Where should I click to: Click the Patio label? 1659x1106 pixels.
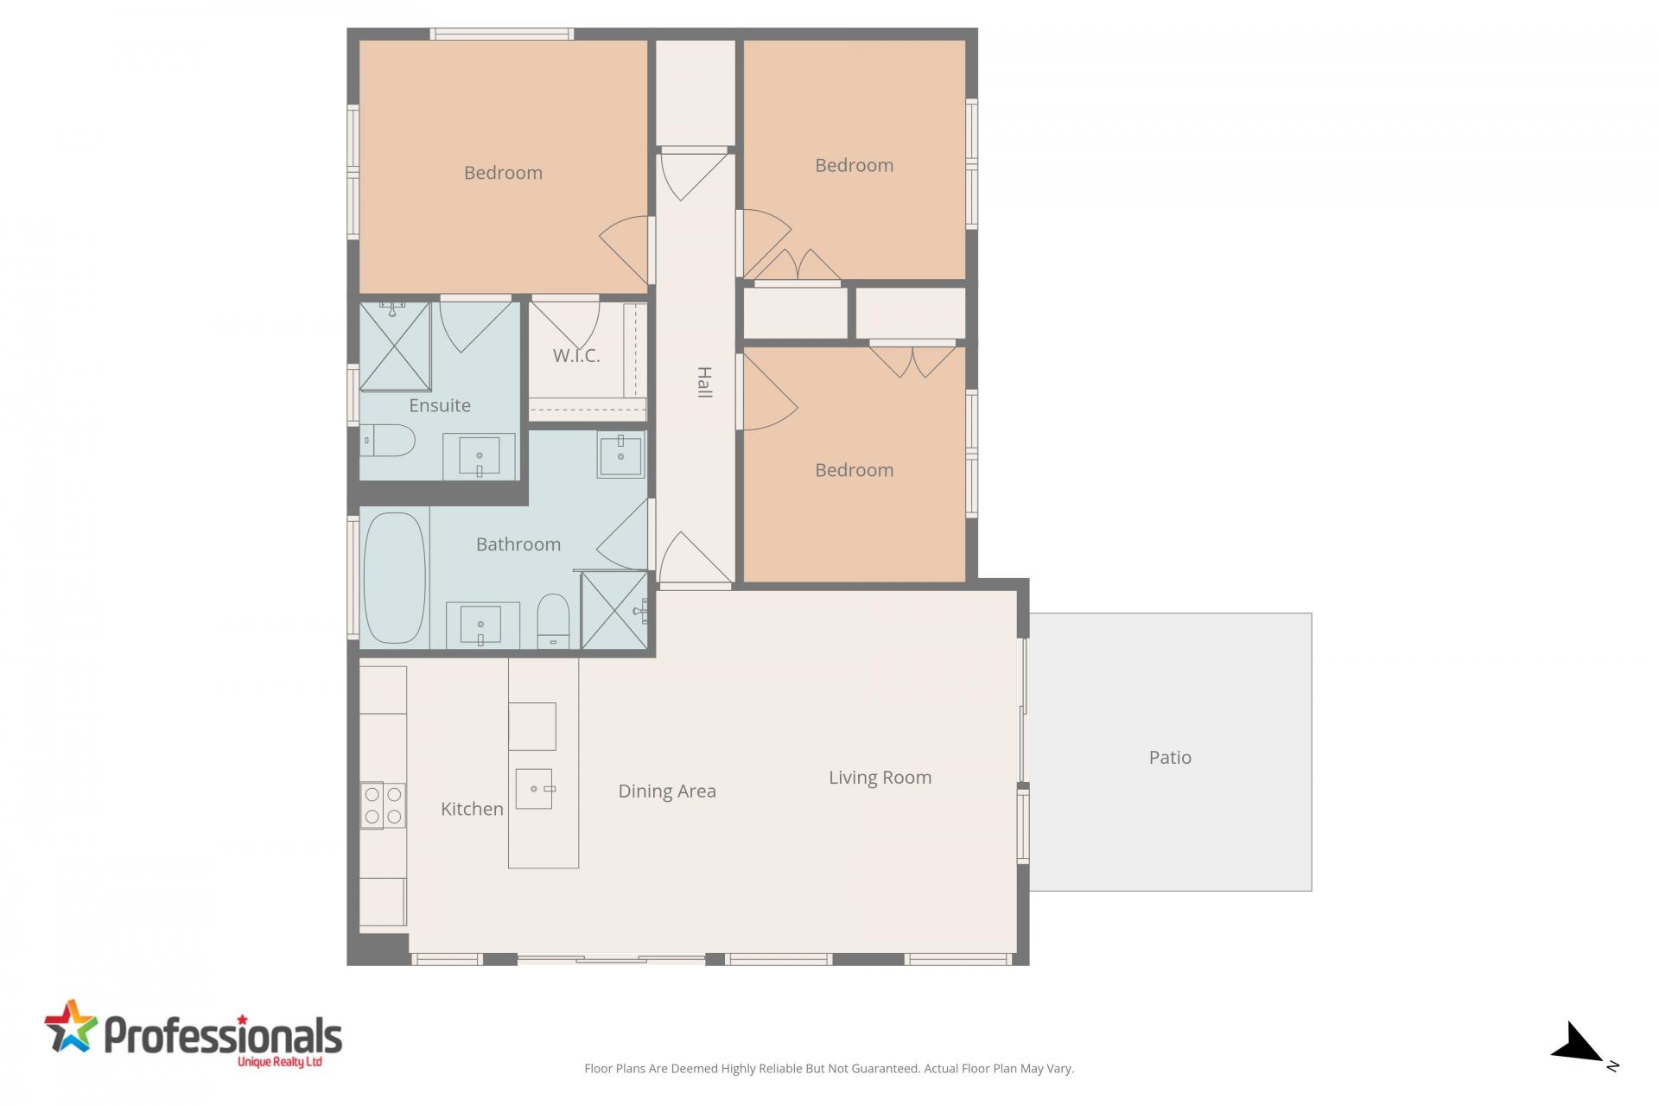(x=1170, y=758)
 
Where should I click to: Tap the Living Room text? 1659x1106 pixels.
(x=880, y=778)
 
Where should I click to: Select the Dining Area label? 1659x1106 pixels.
(x=667, y=791)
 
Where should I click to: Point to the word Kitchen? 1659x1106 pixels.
(x=472, y=809)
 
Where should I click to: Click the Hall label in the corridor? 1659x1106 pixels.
(x=704, y=382)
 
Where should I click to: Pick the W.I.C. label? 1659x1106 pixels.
(x=576, y=355)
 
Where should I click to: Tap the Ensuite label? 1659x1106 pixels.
(x=440, y=405)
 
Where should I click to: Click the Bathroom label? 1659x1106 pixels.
(x=518, y=544)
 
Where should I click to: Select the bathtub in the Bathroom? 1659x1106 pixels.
(x=395, y=577)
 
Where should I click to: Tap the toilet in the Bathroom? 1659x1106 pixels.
(x=553, y=620)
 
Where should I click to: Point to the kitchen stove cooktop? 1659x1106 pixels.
(x=383, y=805)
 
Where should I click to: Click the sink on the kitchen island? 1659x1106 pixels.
(x=534, y=789)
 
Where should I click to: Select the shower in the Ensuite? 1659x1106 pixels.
(x=395, y=346)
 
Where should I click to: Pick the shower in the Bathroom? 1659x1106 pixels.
(x=614, y=610)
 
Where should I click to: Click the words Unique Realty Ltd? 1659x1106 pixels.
(x=279, y=1061)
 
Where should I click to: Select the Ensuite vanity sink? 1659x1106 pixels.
(x=480, y=456)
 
